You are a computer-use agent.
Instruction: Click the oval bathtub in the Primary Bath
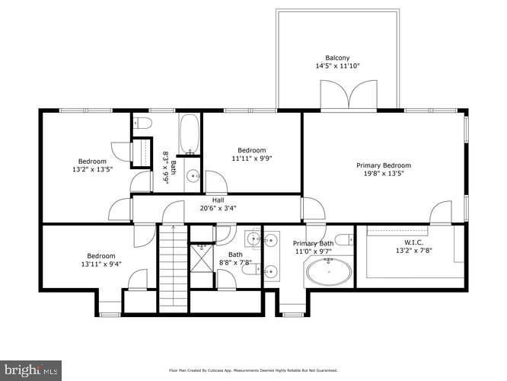(329, 270)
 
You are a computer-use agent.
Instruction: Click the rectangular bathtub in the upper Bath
(190, 136)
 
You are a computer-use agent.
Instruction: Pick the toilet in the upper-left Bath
(142, 123)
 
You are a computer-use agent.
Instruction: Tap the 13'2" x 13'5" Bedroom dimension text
(91, 170)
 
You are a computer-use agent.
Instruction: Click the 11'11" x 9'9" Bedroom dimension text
(251, 158)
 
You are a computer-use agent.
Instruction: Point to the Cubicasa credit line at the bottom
(252, 371)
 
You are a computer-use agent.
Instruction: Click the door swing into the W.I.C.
(439, 213)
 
